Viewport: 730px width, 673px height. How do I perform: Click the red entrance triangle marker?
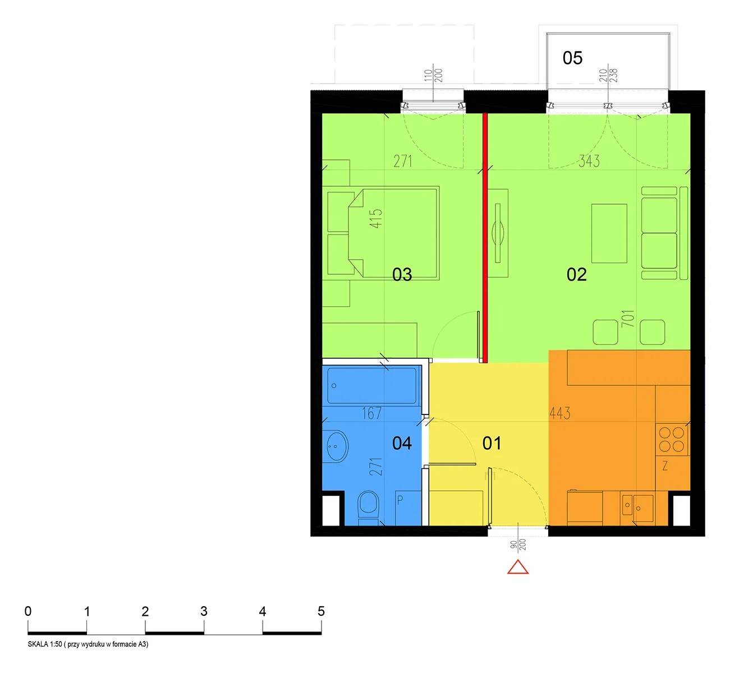coord(517,567)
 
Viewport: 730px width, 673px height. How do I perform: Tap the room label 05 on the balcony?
coord(572,58)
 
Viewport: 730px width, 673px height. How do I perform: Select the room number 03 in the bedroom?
coord(402,275)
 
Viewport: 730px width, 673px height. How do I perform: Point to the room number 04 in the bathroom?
coord(402,444)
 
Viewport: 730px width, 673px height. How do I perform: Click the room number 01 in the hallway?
coord(492,444)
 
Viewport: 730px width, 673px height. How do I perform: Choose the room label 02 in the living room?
coord(576,275)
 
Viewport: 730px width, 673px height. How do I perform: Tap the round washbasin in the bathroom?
coord(337,446)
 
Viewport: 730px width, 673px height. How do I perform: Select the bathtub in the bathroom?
coord(372,385)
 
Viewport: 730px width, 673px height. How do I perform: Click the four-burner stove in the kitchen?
coord(671,439)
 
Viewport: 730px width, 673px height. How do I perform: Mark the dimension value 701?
coord(628,319)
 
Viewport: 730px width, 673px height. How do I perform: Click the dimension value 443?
coord(560,413)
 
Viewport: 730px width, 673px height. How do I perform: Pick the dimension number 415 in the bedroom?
coord(377,219)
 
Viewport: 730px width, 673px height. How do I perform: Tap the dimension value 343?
coord(589,161)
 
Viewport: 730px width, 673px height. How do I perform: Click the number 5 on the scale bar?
coord(321,611)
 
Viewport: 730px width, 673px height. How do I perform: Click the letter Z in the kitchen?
coord(664,467)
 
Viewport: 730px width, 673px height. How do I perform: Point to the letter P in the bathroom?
coord(400,500)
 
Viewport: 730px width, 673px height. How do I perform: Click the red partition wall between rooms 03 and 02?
coord(485,238)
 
